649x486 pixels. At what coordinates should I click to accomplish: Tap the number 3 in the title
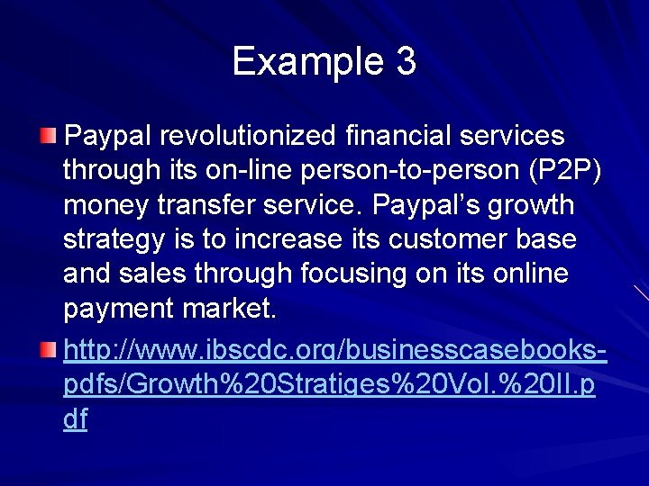pos(405,62)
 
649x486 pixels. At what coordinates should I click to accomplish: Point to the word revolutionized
pos(249,136)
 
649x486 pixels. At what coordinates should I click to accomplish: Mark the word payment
pos(119,309)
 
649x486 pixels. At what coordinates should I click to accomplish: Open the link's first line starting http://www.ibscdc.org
pos(334,351)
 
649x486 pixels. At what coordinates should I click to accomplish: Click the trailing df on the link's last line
pos(76,419)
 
